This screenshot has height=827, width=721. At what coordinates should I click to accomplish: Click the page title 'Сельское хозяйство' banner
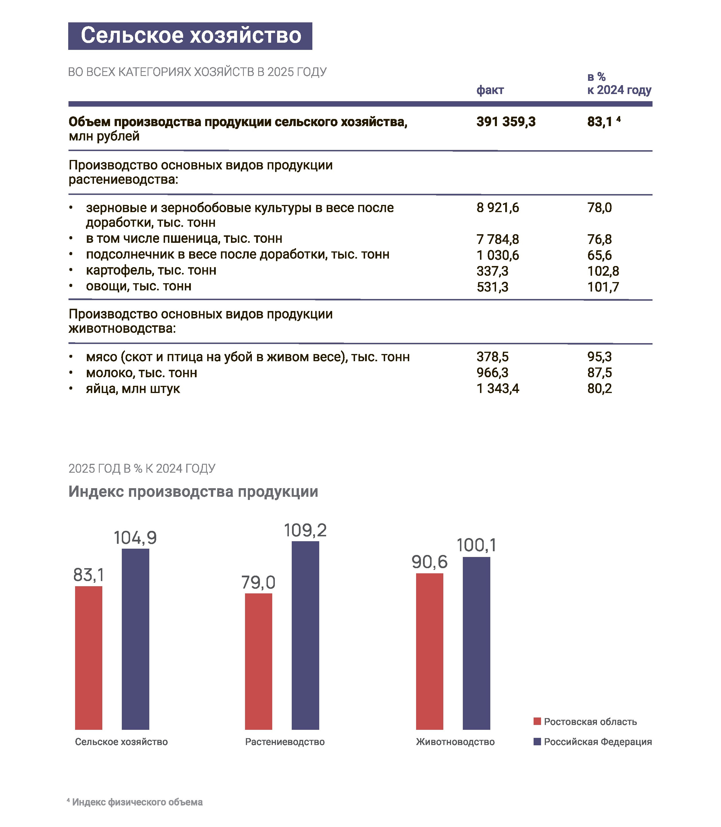click(190, 36)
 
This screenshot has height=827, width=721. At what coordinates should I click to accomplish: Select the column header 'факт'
click(490, 90)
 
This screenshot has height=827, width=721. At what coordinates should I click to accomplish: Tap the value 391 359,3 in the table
click(506, 122)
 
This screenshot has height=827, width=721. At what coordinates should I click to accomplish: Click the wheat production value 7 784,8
click(498, 239)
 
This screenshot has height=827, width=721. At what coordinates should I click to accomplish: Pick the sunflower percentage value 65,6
click(599, 255)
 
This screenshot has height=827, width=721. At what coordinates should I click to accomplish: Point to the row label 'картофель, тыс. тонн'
click(151, 270)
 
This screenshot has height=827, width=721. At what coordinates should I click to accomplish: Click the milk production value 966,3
click(493, 373)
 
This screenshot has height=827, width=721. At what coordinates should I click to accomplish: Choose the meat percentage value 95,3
click(599, 357)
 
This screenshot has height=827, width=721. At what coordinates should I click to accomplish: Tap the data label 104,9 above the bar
click(135, 538)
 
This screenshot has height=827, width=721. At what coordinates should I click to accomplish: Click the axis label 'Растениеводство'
click(285, 742)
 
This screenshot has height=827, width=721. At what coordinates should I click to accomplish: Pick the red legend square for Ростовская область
click(537, 721)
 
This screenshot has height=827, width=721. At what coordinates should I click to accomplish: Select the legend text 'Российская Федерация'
click(598, 742)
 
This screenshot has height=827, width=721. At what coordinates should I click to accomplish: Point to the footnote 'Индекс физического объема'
click(137, 802)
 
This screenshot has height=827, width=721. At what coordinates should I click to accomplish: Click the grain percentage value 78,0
click(599, 208)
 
